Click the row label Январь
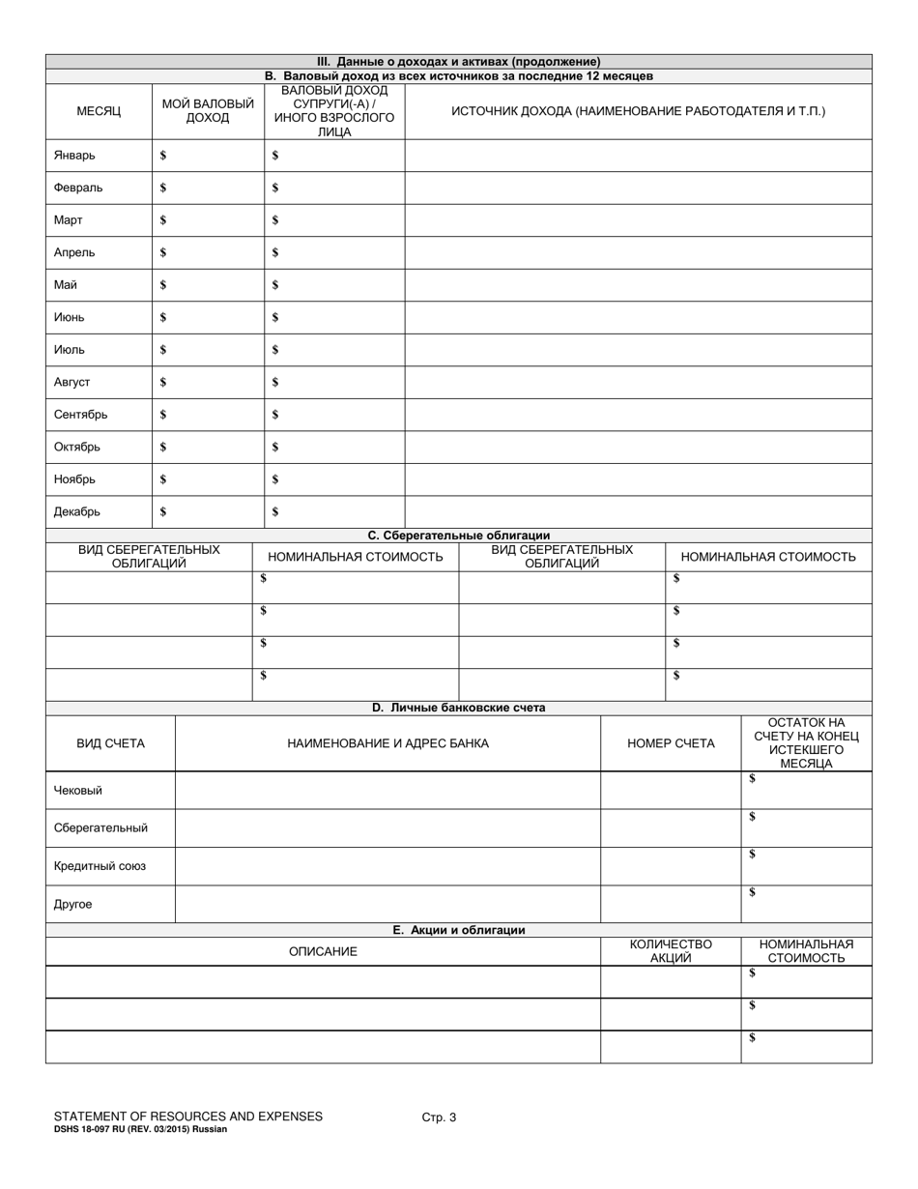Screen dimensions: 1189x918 click(x=74, y=156)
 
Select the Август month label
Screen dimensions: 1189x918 click(x=72, y=382)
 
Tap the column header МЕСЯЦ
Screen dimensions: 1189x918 click(x=99, y=111)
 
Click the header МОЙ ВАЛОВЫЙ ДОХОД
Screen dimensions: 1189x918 click(x=208, y=111)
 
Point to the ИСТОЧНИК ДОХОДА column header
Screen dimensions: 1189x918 click(x=638, y=111)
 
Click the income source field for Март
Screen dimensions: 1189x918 click(x=638, y=220)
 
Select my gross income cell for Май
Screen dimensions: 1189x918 click(x=213, y=285)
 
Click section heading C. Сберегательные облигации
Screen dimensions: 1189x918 click(x=458, y=535)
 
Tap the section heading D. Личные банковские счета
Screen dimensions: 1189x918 click(x=458, y=708)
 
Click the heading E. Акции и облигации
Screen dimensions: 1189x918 click(x=458, y=930)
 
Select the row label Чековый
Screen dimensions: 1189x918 click(x=77, y=791)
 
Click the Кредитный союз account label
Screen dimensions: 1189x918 click(x=100, y=866)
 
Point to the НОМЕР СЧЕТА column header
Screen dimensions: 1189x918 click(x=671, y=743)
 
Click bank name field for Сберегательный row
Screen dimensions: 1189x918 click(x=387, y=828)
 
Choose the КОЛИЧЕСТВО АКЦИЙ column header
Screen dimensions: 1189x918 click(x=671, y=951)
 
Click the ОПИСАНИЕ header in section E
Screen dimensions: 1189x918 click(x=323, y=951)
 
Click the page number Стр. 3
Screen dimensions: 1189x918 click(x=439, y=1116)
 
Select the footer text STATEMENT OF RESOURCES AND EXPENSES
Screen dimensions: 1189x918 click(x=188, y=1116)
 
